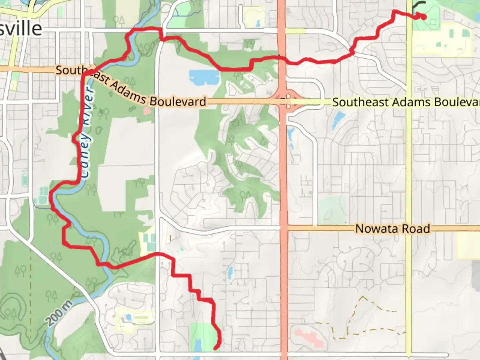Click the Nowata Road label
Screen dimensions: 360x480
(x=392, y=229)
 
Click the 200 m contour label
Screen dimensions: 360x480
(x=60, y=312)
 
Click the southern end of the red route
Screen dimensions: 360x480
(x=216, y=348)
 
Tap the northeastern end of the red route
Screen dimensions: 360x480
(x=424, y=17)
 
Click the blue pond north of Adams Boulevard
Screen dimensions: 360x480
(x=204, y=77)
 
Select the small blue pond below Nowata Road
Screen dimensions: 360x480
(x=230, y=272)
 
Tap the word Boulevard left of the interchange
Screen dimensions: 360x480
(x=177, y=101)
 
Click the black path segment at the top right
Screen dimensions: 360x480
(x=419, y=5)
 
